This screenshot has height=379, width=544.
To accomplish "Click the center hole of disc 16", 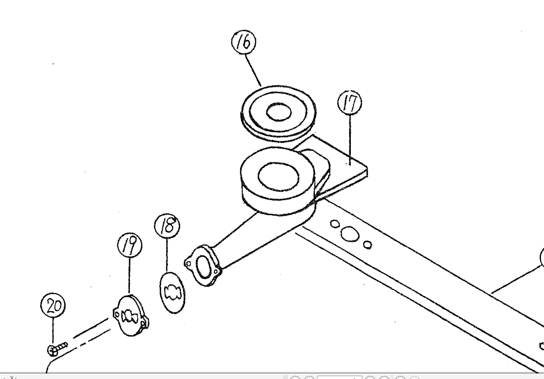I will coord(278,112).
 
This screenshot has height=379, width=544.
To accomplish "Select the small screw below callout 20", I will coord(57,348).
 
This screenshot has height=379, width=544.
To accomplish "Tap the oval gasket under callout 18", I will coord(172,293).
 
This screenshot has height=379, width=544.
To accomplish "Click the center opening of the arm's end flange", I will coord(203,265).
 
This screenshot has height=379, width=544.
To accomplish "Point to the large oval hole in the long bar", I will coord(348,233).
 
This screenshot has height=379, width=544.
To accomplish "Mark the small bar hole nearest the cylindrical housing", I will coord(334,222).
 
